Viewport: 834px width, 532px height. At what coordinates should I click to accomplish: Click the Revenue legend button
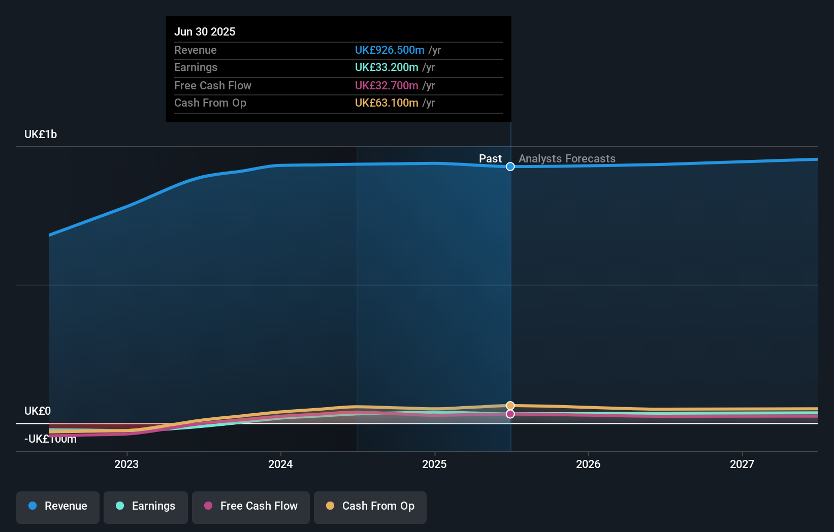pyautogui.click(x=58, y=506)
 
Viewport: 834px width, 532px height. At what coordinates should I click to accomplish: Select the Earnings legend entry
pyautogui.click(x=146, y=506)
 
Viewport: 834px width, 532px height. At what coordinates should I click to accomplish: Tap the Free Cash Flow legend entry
pyautogui.click(x=251, y=506)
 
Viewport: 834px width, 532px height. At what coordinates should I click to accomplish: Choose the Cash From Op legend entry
pyautogui.click(x=370, y=506)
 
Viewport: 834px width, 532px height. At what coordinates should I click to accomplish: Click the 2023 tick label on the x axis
pyautogui.click(x=126, y=464)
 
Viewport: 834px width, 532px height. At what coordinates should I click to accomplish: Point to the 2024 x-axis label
pyautogui.click(x=280, y=464)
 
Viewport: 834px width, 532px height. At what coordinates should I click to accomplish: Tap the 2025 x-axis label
pyautogui.click(x=434, y=464)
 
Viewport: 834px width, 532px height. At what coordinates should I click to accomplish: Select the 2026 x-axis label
pyautogui.click(x=588, y=464)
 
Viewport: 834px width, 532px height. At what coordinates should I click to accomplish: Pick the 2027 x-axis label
pyautogui.click(x=742, y=464)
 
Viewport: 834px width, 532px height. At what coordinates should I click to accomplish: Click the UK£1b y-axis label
pyautogui.click(x=41, y=135)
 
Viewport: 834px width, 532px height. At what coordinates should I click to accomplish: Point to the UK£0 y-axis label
pyautogui.click(x=38, y=411)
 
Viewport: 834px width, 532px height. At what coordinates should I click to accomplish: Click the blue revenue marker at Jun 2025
pyautogui.click(x=510, y=167)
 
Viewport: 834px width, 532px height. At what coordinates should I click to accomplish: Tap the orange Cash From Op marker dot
pyautogui.click(x=510, y=406)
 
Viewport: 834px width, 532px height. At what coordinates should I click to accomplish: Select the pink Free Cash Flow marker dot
pyautogui.click(x=510, y=414)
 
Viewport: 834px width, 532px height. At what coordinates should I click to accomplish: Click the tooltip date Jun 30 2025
pyautogui.click(x=205, y=31)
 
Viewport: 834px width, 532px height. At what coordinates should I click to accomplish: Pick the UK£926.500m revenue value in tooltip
pyautogui.click(x=390, y=50)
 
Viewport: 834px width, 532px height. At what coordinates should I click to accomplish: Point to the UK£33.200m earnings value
pyautogui.click(x=387, y=68)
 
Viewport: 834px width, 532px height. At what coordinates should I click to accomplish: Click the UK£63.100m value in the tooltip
pyautogui.click(x=387, y=103)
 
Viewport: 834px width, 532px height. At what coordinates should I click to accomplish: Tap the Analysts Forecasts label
pyautogui.click(x=567, y=159)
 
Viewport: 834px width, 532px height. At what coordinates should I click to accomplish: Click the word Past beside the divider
pyautogui.click(x=490, y=159)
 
